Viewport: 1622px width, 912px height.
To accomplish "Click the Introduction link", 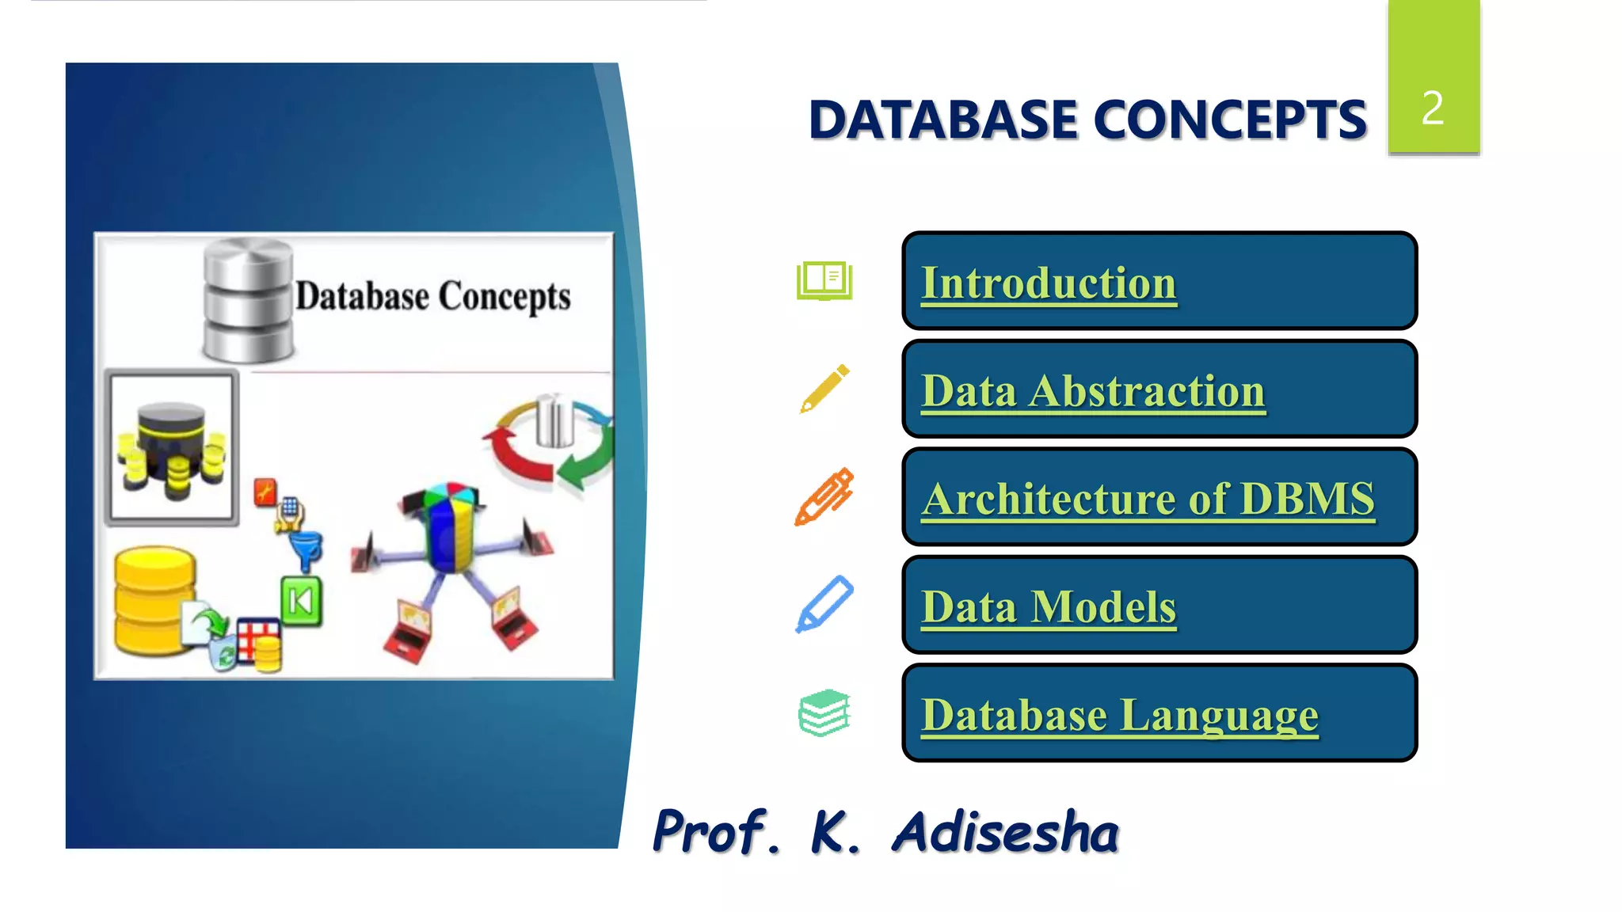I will pyautogui.click(x=1048, y=283).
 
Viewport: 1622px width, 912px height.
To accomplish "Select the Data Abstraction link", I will pyautogui.click(x=1093, y=391).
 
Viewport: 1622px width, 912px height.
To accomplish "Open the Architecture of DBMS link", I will pyautogui.click(x=1148, y=499).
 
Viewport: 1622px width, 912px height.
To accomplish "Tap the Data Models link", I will pyautogui.click(x=1048, y=607).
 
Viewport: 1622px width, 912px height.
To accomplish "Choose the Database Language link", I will pyautogui.click(x=1119, y=715).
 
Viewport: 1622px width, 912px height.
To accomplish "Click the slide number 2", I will pyautogui.click(x=1433, y=108).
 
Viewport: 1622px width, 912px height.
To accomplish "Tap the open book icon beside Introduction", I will pyautogui.click(x=824, y=281).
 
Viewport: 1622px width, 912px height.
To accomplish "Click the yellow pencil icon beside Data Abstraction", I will pyautogui.click(x=824, y=389).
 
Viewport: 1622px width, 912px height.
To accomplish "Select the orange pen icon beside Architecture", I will pyautogui.click(x=824, y=496).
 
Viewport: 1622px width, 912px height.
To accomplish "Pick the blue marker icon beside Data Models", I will pyautogui.click(x=824, y=604).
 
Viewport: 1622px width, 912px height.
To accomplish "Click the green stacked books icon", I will pyautogui.click(x=824, y=712).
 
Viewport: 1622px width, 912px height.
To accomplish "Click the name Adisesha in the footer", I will pyautogui.click(x=1005, y=833).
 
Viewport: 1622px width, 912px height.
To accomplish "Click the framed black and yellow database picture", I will pyautogui.click(x=171, y=447).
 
